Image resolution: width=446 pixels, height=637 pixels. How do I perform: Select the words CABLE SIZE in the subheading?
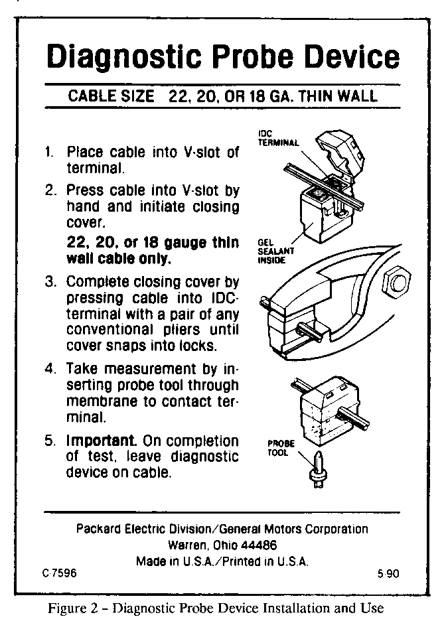(x=111, y=96)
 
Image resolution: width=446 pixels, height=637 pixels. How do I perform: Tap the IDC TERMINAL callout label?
(x=278, y=138)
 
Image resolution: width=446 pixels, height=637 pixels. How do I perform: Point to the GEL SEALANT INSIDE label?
(x=275, y=251)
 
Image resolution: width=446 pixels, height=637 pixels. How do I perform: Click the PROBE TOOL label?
(x=281, y=448)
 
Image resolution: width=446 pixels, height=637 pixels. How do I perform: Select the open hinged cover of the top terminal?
(x=340, y=153)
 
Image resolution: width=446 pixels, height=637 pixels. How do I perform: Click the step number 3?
(x=50, y=281)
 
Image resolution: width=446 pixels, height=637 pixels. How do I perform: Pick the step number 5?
(x=50, y=441)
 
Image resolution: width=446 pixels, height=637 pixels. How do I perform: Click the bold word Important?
(x=101, y=441)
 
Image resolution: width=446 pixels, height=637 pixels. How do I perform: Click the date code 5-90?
(x=388, y=573)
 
